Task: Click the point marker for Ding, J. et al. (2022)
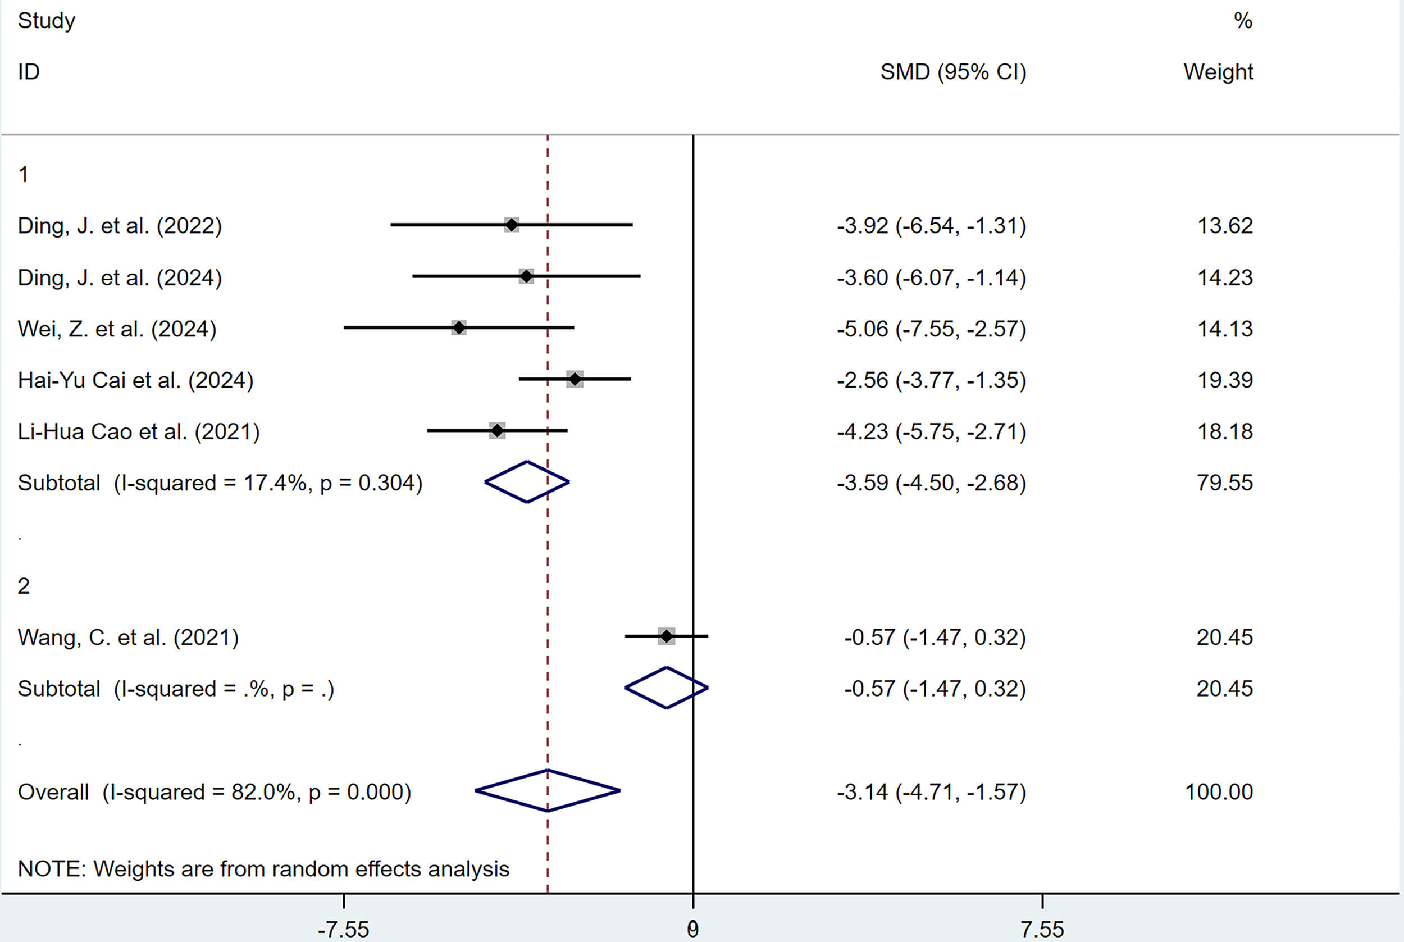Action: (x=511, y=225)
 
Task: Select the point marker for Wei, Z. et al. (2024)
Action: (x=459, y=328)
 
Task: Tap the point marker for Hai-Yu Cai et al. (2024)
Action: (x=575, y=379)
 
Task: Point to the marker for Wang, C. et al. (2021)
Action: (x=667, y=636)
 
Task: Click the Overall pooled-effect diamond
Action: (x=548, y=790)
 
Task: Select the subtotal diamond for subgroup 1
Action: (x=527, y=482)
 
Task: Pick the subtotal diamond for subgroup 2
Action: (x=667, y=688)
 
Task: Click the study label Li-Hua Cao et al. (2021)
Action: (x=139, y=431)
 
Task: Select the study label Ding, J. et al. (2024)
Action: (x=120, y=277)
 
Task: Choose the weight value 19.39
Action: (x=1225, y=380)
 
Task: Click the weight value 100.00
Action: (x=1219, y=792)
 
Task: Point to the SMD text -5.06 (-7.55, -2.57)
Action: (x=931, y=329)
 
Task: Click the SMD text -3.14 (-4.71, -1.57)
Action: (x=931, y=792)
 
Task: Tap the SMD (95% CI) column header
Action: (x=953, y=72)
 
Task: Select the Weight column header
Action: (x=1219, y=72)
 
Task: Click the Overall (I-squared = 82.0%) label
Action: (x=215, y=792)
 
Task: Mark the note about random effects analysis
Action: (x=263, y=869)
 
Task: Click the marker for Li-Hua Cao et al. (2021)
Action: (x=496, y=431)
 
